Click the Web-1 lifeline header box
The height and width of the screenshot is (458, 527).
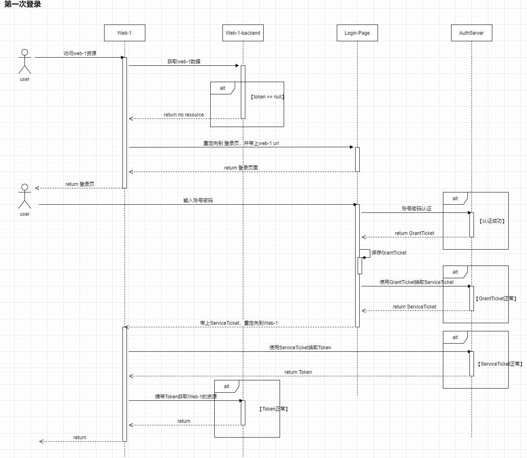pos(125,33)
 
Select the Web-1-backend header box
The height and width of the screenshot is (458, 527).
pos(243,33)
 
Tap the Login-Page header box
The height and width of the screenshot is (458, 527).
pos(357,33)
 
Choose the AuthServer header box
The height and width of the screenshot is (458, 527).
pos(471,33)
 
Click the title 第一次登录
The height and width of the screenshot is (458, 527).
pos(23,4)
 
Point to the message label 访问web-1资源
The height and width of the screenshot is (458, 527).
pos(80,54)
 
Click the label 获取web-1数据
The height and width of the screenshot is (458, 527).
pos(184,62)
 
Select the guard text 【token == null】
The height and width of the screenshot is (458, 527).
pos(267,97)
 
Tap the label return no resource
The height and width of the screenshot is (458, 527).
pos(184,115)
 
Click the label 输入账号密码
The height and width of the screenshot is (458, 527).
pos(198,201)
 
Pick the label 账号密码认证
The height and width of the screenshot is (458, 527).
pos(416,209)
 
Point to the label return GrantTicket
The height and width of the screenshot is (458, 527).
pos(414,233)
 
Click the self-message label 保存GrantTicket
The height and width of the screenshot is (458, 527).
pos(389,253)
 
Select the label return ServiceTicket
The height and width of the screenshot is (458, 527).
pos(414,307)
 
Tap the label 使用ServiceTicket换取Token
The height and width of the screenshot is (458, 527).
pos(300,348)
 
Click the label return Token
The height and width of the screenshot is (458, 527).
pos(298,372)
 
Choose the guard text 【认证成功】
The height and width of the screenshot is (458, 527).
pos(492,221)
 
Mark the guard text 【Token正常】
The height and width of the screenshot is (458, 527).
pos(274,409)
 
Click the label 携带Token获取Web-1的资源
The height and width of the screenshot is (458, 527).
pos(186,397)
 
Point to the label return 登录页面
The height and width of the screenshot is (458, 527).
pos(241,168)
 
